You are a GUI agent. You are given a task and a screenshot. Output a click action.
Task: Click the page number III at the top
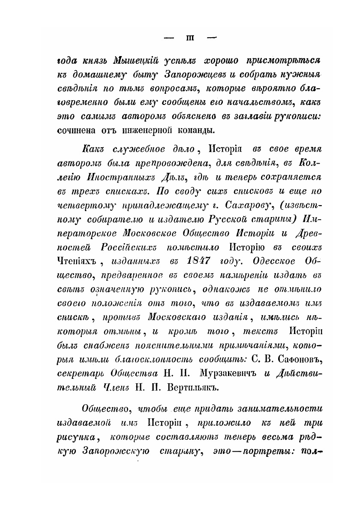click(x=190, y=38)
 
